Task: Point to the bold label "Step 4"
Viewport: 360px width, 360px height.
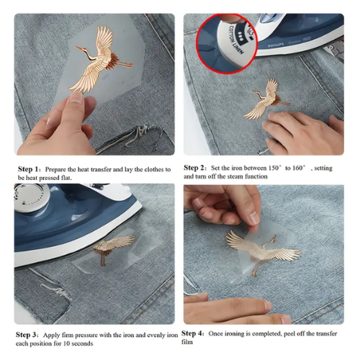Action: pyautogui.click(x=194, y=333)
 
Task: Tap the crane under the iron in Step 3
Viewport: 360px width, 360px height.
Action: pyautogui.click(x=112, y=248)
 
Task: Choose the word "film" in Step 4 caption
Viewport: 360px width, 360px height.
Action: pyautogui.click(x=189, y=343)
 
